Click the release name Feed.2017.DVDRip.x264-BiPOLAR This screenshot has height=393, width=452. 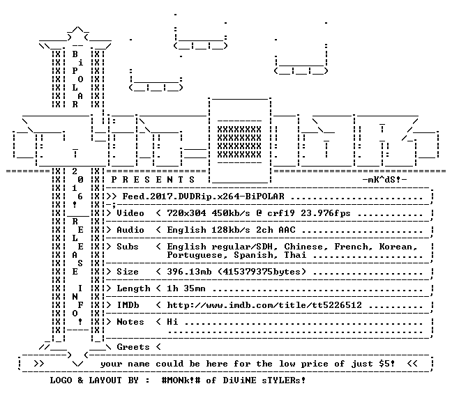[x=203, y=196]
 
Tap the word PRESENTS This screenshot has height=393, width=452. [x=153, y=180]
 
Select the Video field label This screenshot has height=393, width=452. [x=130, y=213]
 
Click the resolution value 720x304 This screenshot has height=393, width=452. [x=186, y=213]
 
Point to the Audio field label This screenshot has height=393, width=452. [x=130, y=230]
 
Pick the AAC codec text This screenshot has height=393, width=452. [x=287, y=230]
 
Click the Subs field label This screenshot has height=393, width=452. [x=128, y=247]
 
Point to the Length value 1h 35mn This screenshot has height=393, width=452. [x=186, y=288]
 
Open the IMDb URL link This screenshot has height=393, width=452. [x=264, y=305]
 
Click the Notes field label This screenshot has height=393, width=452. [x=130, y=322]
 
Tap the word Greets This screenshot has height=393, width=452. [x=133, y=346]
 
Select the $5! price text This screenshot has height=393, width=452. [x=387, y=363]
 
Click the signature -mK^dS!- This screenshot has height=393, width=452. [x=384, y=180]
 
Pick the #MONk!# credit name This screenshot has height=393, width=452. [x=181, y=380]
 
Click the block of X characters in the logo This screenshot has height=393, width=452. [x=239, y=142]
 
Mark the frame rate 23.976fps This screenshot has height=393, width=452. [x=326, y=213]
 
